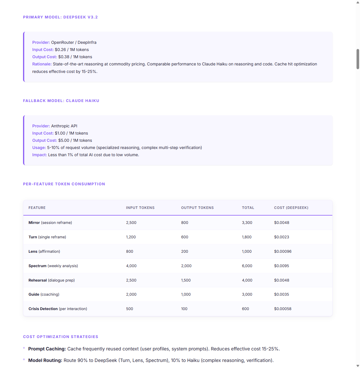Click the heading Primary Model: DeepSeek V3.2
tap(60, 17)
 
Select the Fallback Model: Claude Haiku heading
tap(61, 101)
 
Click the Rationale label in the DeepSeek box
tap(42, 64)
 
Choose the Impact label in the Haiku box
tap(39, 155)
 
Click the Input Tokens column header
tap(140, 208)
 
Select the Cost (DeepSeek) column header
tap(291, 208)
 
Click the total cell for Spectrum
tap(247, 266)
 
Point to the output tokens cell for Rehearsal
tap(186, 280)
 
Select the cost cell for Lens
tap(283, 252)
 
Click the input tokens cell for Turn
tap(131, 237)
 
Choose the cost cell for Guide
tap(282, 295)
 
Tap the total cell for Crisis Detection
tap(245, 309)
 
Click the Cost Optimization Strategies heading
tap(61, 337)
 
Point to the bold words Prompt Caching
tap(47, 349)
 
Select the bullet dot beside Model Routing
tap(24, 359)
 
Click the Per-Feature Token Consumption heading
tap(64, 184)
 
